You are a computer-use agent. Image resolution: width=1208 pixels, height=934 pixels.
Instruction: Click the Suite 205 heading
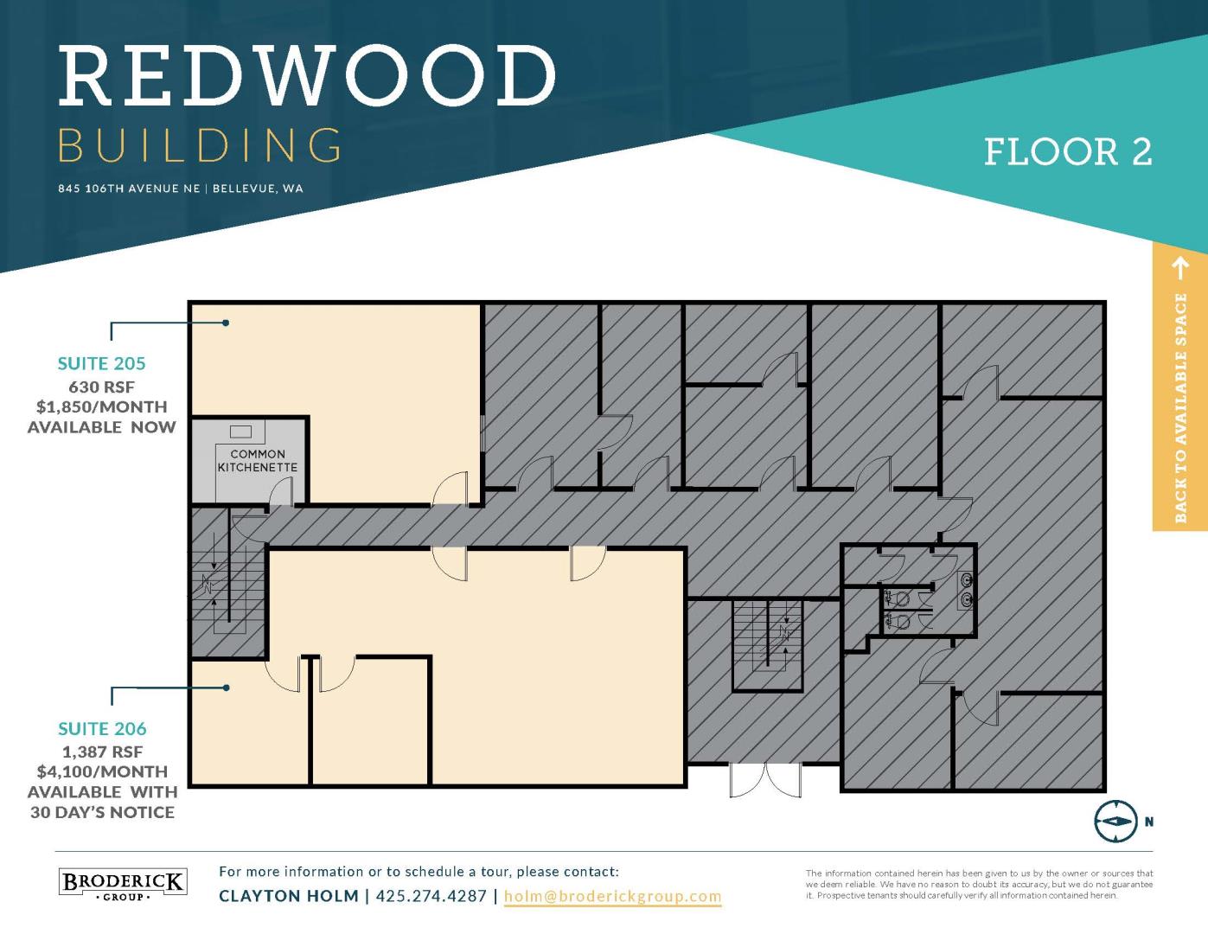(102, 363)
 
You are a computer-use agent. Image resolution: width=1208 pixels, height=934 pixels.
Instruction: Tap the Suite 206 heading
(102, 728)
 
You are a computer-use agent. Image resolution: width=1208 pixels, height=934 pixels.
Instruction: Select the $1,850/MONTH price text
(102, 407)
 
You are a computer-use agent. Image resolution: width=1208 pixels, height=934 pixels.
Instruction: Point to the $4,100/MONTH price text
(102, 771)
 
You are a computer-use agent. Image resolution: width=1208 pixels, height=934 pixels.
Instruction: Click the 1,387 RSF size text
(102, 752)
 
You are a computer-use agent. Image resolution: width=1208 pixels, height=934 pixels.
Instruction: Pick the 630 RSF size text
(102, 387)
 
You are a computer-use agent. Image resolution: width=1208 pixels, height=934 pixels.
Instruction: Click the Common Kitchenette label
(258, 461)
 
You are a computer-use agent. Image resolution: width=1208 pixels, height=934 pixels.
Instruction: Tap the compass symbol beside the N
(1115, 822)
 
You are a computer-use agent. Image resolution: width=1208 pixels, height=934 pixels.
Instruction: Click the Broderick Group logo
(123, 884)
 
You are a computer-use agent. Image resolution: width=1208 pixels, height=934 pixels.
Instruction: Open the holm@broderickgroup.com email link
(612, 896)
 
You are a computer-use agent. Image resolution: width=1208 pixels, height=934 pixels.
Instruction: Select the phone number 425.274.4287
(431, 896)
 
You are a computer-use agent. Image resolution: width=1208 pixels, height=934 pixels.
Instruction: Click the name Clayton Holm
(289, 896)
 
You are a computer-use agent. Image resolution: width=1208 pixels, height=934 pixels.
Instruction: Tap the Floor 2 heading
(1068, 152)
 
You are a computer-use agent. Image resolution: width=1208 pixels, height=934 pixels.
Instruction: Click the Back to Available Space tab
(1180, 388)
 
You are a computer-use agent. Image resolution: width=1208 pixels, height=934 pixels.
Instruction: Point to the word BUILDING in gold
(200, 145)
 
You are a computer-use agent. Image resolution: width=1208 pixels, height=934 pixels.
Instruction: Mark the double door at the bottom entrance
(765, 781)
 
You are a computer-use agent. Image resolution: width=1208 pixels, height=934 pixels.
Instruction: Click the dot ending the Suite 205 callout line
(226, 323)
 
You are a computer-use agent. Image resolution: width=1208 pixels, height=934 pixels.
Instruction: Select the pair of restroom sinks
(968, 590)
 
